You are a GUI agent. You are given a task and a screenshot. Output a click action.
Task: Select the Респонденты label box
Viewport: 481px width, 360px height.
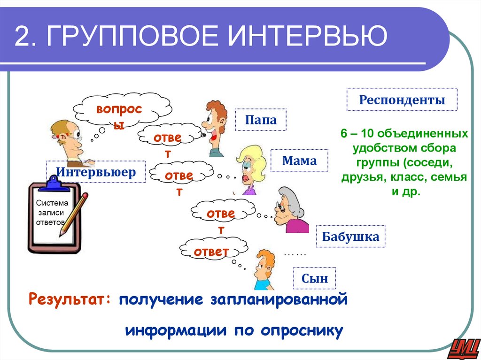[402, 100]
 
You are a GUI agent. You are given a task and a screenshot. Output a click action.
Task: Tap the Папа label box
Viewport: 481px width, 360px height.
[260, 120]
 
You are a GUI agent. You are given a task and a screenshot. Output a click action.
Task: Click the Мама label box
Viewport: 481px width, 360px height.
[299, 161]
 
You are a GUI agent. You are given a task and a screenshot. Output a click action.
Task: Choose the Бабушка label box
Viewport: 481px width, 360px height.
[350, 237]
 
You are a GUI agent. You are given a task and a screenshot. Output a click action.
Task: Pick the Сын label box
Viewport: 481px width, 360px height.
[314, 279]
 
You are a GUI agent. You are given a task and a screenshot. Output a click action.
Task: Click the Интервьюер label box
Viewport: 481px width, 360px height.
[96, 172]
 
